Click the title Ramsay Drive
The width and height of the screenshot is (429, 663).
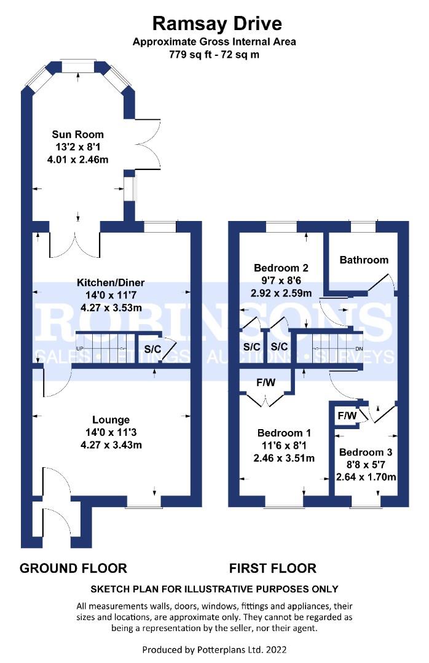[x=217, y=24]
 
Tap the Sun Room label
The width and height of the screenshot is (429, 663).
[x=78, y=134]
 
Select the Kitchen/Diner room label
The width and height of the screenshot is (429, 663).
[x=111, y=282]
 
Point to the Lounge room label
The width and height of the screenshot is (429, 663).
[x=111, y=420]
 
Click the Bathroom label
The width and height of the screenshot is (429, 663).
[x=364, y=260]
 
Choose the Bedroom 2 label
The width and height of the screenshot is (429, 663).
[x=281, y=268]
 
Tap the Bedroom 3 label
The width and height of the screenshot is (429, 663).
[x=366, y=452]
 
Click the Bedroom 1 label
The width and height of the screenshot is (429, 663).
[x=284, y=433]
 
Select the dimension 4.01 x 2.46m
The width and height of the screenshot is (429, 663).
[x=78, y=160]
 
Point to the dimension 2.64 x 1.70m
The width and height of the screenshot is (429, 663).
[x=366, y=478]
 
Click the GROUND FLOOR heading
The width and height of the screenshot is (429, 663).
[x=73, y=568]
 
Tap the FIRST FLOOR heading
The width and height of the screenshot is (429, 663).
[x=273, y=568]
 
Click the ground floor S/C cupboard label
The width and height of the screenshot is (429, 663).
[x=152, y=349]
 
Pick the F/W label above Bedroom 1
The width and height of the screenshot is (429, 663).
[x=266, y=382]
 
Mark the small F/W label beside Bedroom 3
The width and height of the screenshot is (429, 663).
[x=347, y=416]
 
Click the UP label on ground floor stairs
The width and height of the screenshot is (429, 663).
[x=80, y=349]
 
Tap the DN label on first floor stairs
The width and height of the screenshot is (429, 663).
[x=359, y=349]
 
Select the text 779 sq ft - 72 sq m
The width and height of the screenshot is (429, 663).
[x=214, y=55]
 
